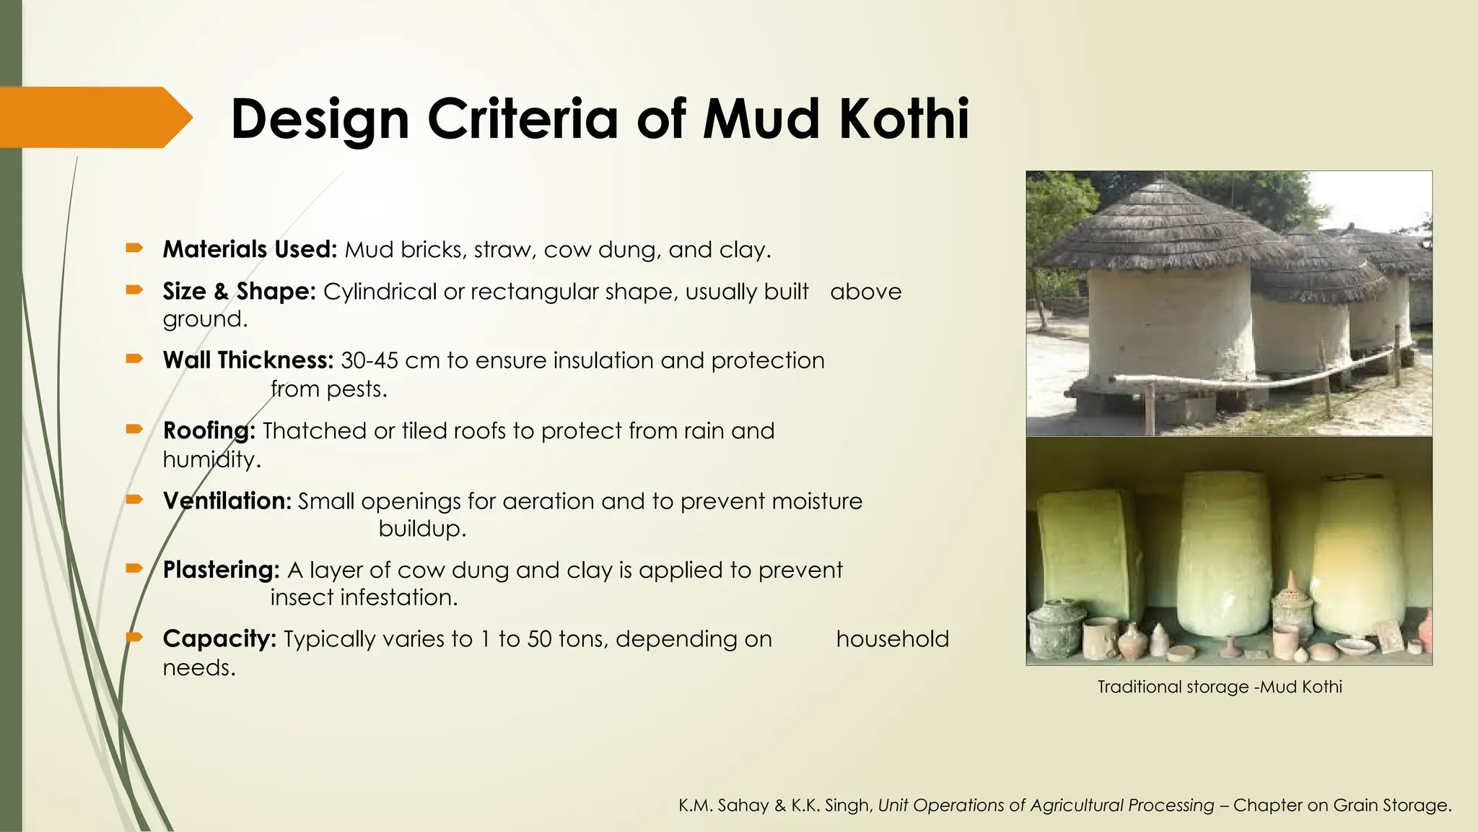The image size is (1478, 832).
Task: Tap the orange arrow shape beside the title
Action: point(94,117)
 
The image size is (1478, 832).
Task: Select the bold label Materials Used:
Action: point(250,250)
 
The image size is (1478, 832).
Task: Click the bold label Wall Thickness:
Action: point(248,360)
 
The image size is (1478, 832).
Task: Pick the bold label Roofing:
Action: point(209,431)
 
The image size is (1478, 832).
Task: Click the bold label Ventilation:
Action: point(227,501)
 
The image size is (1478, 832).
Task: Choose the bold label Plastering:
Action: point(221,571)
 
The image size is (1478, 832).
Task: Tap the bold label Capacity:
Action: point(219,639)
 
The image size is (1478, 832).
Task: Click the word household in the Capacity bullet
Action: point(892,639)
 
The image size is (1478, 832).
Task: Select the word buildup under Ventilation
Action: point(422,529)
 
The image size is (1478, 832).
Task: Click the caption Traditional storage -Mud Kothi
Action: point(1219,687)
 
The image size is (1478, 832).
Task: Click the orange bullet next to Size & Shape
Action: point(134,290)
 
